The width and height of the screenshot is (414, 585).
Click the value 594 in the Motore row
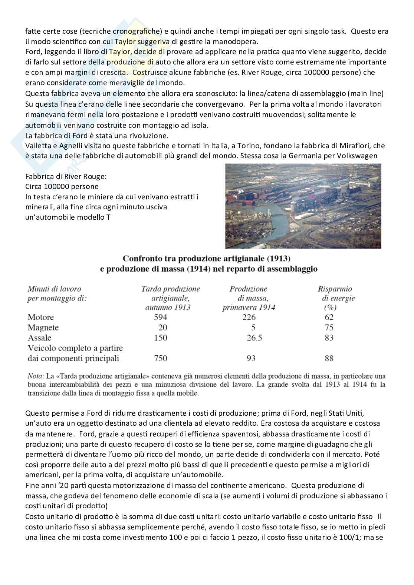[x=160, y=317]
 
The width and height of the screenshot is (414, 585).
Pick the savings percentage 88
[x=329, y=358]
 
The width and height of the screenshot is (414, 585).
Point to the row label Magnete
[x=43, y=328]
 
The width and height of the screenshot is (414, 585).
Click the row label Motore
[x=41, y=317]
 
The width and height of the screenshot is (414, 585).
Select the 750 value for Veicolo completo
[x=160, y=358]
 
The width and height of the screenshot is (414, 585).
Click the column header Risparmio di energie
[x=336, y=293]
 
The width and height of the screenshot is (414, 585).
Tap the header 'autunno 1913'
[x=168, y=307]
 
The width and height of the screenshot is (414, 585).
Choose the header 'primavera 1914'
[x=249, y=307]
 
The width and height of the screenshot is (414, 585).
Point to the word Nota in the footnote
[x=34, y=376]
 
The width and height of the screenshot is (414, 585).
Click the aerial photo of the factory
[x=303, y=206]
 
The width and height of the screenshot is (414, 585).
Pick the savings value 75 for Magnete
[x=329, y=328]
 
